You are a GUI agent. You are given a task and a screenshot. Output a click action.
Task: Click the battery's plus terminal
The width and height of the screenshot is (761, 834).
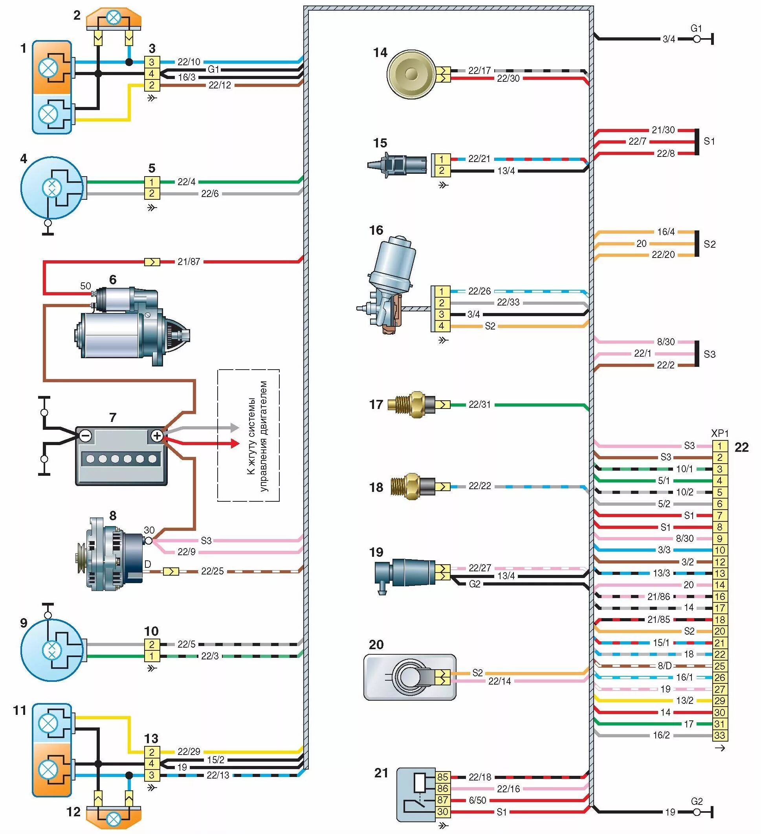point(157,436)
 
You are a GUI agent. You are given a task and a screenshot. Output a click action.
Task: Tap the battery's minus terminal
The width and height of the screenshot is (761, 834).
point(86,436)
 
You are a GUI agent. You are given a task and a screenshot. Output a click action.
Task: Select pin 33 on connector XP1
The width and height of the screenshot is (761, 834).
point(720,735)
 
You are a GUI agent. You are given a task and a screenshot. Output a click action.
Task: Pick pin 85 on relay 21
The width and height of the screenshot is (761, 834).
point(442,777)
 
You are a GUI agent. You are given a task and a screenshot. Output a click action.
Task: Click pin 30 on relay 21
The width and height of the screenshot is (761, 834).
point(442,812)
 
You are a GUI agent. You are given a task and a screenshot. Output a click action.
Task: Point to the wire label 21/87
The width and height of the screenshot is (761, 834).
point(189,261)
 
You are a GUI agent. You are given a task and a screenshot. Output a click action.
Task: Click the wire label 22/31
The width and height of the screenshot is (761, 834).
point(479,404)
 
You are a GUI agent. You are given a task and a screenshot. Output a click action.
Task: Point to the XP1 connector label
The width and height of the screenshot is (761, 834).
point(720,433)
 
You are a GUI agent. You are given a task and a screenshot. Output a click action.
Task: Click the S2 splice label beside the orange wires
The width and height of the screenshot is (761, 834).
point(709,244)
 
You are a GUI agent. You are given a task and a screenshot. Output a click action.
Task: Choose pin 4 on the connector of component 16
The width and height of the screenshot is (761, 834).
point(441,326)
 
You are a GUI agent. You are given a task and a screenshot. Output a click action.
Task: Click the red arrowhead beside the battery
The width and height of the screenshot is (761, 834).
point(235,444)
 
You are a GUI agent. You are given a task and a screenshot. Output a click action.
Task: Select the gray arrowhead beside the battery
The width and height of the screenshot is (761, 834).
point(235,427)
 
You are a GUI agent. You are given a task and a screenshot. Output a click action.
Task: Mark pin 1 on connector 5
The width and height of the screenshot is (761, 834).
point(152,182)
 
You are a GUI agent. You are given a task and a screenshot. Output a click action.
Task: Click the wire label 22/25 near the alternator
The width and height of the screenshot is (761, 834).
point(212,571)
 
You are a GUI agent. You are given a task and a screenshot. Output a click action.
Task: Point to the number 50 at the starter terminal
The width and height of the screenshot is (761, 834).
point(85,286)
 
